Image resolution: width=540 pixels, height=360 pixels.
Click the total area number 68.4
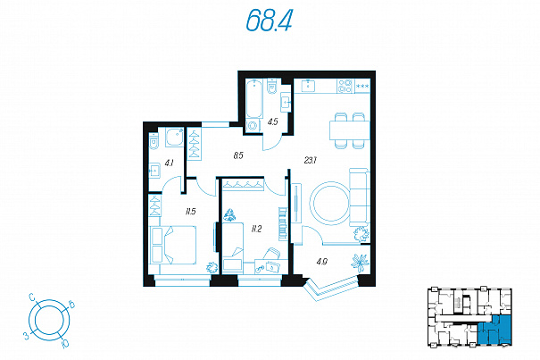click(x=270, y=20)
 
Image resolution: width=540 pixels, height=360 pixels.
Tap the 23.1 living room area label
click(x=311, y=160)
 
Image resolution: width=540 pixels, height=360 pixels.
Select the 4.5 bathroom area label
click(x=273, y=121)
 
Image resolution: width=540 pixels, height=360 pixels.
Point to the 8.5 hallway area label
click(x=238, y=155)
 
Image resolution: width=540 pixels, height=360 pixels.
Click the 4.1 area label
click(x=169, y=163)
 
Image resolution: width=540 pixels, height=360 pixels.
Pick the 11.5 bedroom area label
click(x=190, y=212)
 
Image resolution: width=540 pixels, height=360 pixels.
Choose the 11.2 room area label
click(x=256, y=229)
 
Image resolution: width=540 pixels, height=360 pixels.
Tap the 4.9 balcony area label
click(x=322, y=262)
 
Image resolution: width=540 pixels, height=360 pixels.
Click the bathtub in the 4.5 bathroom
click(x=254, y=98)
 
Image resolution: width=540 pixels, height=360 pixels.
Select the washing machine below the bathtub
click(x=253, y=126)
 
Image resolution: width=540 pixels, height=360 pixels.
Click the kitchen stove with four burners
click(x=345, y=86)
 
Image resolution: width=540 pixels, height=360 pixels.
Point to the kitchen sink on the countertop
click(x=308, y=86)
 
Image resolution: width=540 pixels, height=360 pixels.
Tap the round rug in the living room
click(x=330, y=204)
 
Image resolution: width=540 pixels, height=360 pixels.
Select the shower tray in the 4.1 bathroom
click(x=175, y=138)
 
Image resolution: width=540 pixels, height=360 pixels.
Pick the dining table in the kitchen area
click(x=350, y=130)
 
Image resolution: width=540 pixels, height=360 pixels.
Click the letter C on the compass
click(x=31, y=297)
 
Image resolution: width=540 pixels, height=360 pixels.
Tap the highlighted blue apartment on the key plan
click(x=494, y=330)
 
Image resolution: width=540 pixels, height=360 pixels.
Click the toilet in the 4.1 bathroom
click(x=154, y=141)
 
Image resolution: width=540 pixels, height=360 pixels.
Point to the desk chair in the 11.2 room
click(x=271, y=254)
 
